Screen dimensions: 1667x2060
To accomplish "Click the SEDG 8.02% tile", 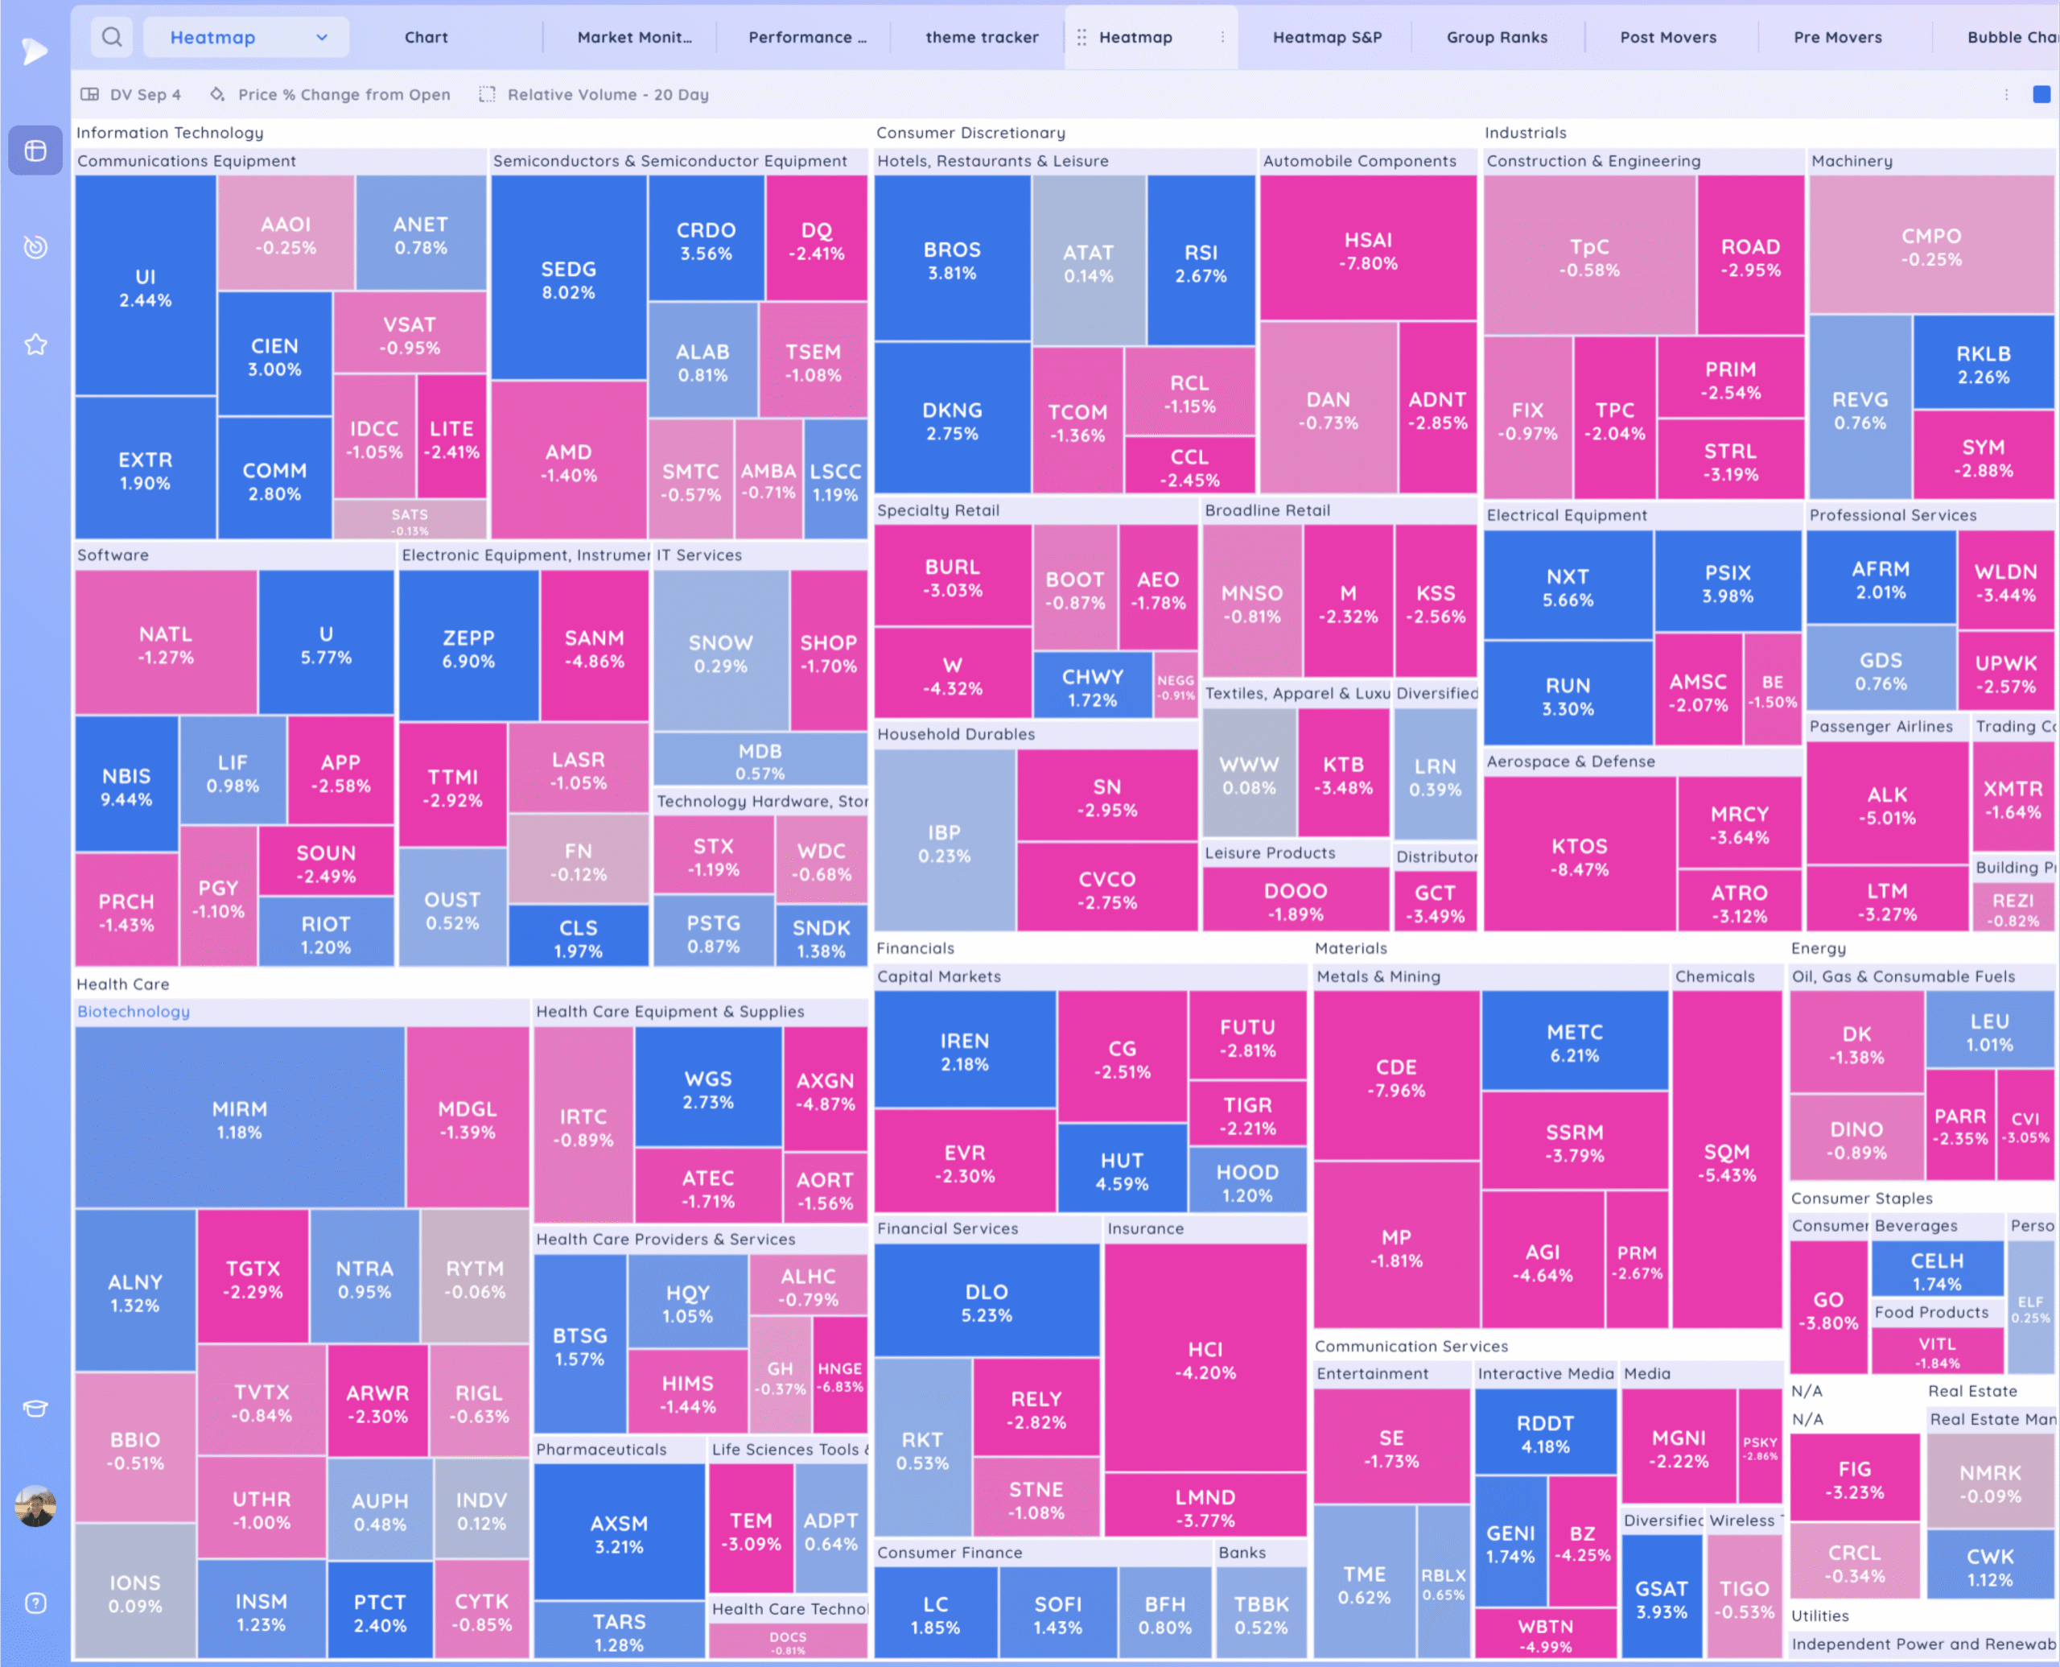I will click(568, 279).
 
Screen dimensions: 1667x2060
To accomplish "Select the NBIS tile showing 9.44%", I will click(126, 786).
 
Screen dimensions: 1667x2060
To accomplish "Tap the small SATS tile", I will click(410, 522).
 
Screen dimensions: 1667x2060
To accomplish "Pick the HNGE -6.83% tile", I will click(839, 1376).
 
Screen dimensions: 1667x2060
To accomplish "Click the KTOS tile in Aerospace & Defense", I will click(1579, 856).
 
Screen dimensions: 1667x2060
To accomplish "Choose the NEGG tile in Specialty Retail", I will click(1175, 687).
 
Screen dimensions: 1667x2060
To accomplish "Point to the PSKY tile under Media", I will click(1760, 1448).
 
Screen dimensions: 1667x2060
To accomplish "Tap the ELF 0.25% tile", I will click(2029, 1308).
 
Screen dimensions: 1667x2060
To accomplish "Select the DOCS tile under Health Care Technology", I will click(788, 1642).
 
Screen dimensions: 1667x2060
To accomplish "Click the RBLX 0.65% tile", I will click(1443, 1583).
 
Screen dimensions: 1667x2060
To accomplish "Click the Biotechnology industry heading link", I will click(134, 1011).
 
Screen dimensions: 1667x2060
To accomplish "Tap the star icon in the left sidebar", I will click(35, 344).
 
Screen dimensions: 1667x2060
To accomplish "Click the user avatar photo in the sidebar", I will click(35, 1504).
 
